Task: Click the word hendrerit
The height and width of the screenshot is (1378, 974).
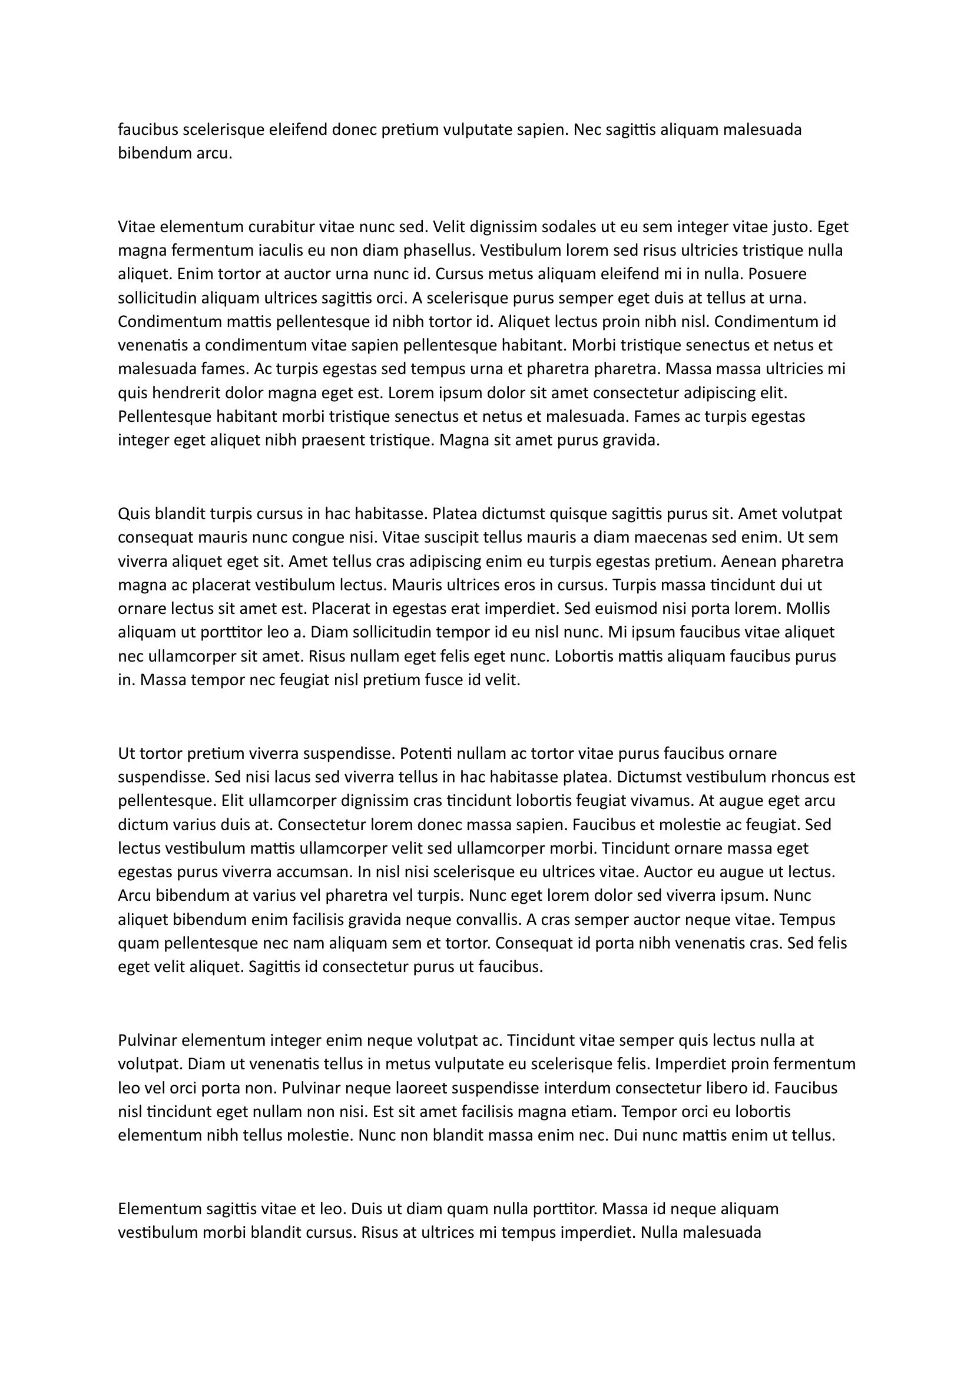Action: [x=188, y=393]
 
